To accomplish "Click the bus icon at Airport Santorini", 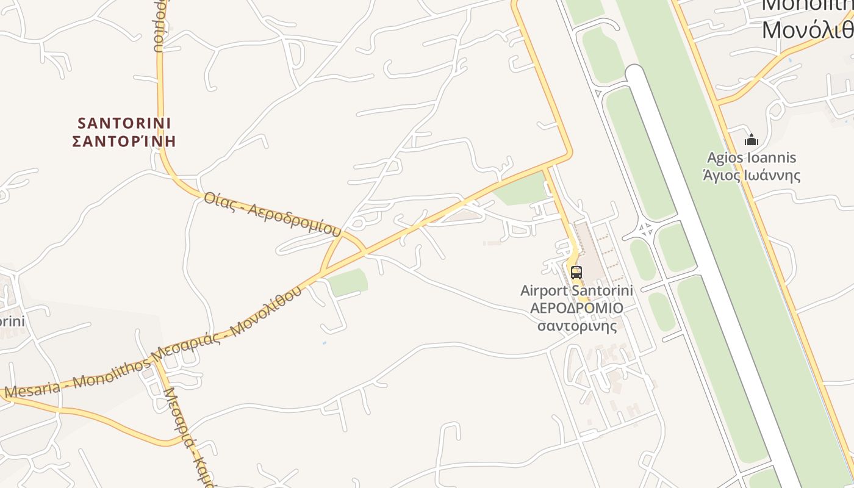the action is tap(576, 272).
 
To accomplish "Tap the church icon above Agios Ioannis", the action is tap(751, 140).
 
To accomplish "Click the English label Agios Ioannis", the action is tap(751, 158).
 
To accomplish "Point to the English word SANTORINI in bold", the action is tap(124, 123).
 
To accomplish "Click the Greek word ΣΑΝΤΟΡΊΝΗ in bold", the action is tap(124, 142).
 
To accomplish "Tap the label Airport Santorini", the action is tap(576, 291).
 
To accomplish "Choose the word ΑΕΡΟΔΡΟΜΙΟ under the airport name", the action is tap(576, 308).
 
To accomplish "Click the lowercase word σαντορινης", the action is tap(576, 325).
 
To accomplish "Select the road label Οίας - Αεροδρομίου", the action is tap(272, 214).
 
